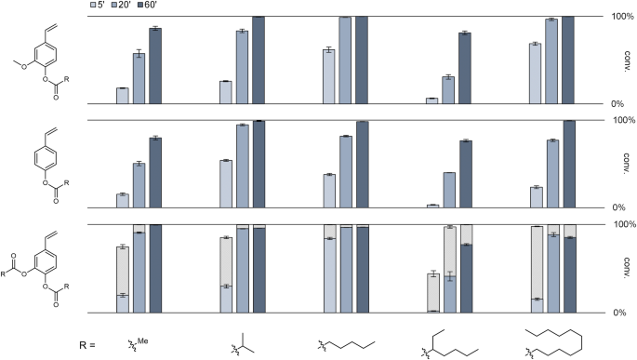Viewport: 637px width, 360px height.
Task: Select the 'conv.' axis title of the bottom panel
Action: pos(626,269)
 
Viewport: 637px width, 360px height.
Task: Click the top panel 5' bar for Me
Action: pos(122,96)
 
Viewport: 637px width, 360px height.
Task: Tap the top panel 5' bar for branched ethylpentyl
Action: pos(431,100)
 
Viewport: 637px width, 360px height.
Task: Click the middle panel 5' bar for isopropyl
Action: pos(225,183)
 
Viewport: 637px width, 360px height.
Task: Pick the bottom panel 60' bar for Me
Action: pos(155,268)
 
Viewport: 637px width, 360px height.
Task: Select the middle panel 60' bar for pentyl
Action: pos(362,165)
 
